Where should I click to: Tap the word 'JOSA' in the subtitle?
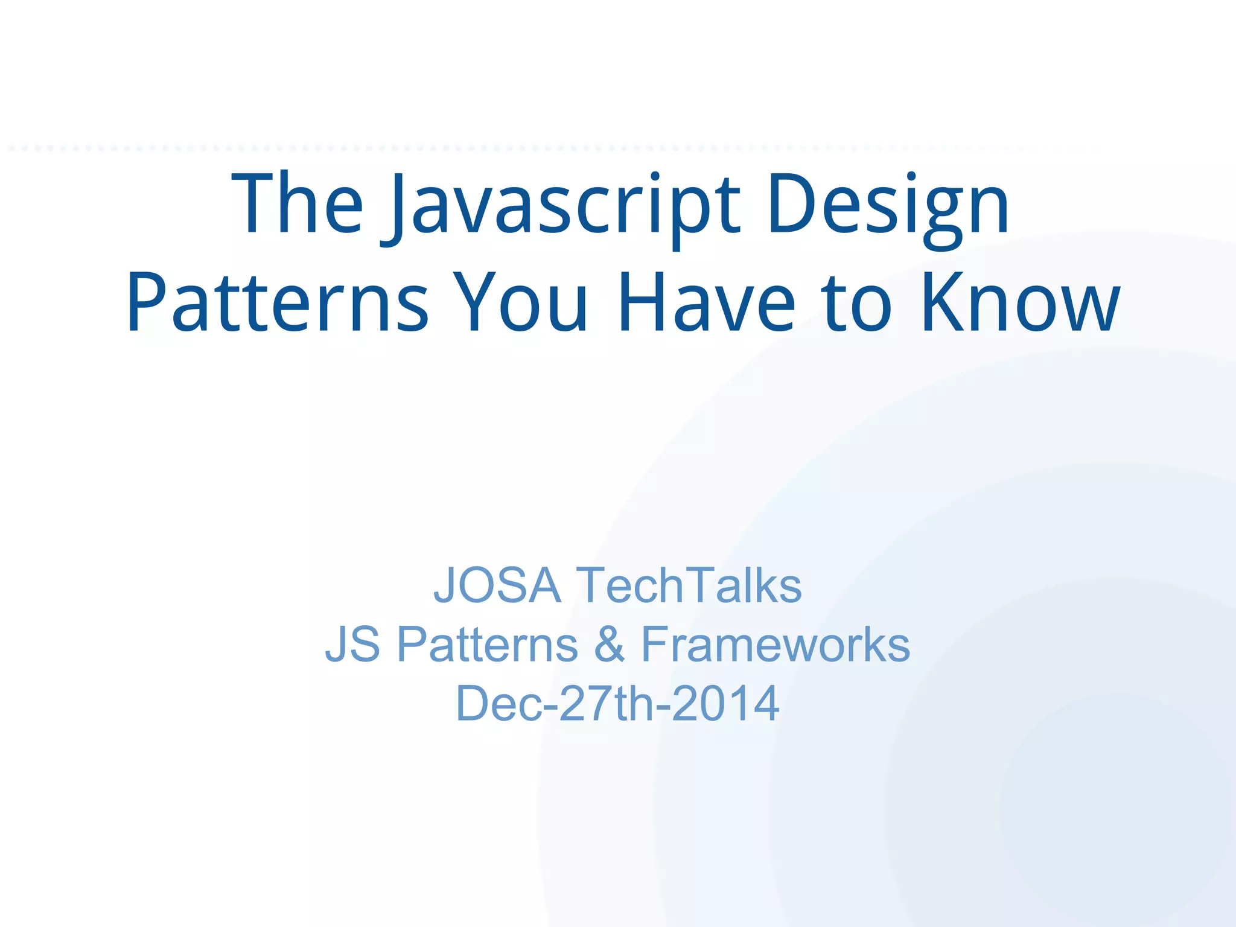pyautogui.click(x=497, y=585)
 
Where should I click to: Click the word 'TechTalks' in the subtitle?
pyautogui.click(x=689, y=585)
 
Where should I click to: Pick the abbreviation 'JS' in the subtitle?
pyautogui.click(x=353, y=644)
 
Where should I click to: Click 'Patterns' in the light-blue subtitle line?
pyautogui.click(x=488, y=644)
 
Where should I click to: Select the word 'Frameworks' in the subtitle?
pyautogui.click(x=775, y=644)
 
